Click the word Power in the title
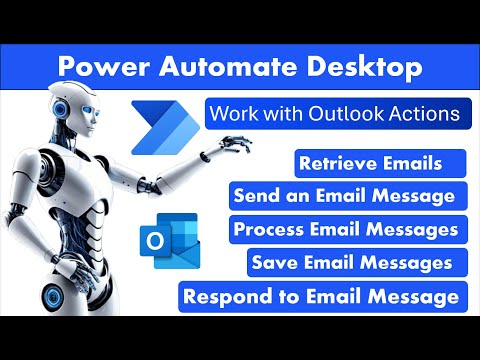click(97, 68)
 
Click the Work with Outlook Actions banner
click(334, 114)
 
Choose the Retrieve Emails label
click(368, 162)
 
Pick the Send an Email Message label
click(344, 194)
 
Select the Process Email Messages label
click(345, 229)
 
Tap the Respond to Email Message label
click(321, 296)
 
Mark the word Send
click(256, 194)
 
